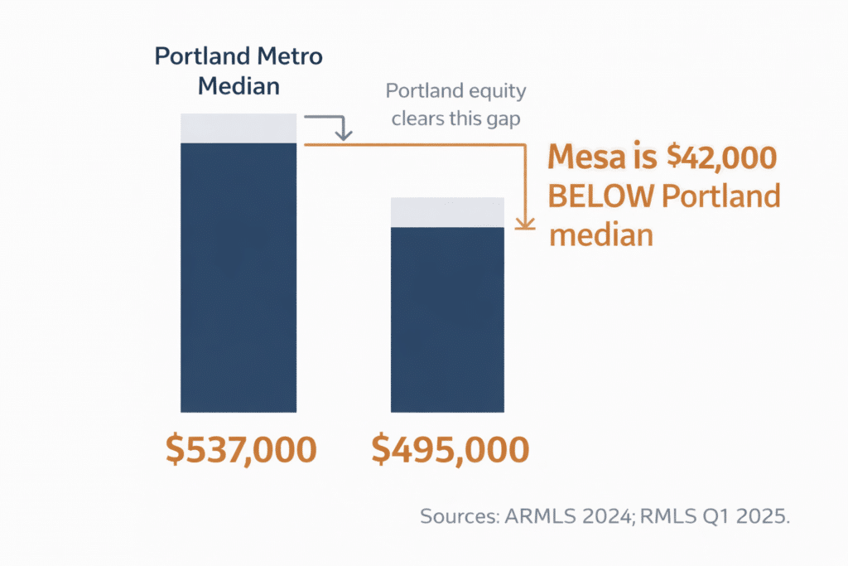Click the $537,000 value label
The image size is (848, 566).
pyautogui.click(x=240, y=450)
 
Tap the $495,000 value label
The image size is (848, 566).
pyautogui.click(x=450, y=450)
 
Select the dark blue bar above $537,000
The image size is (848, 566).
pyautogui.click(x=238, y=278)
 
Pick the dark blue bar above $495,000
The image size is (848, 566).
pyautogui.click(x=448, y=319)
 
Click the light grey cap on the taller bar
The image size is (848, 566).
pyautogui.click(x=238, y=128)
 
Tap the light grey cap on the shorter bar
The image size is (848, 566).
pyautogui.click(x=448, y=212)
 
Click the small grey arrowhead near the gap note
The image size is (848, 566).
pyautogui.click(x=344, y=133)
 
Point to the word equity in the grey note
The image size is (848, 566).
pyautogui.click(x=494, y=91)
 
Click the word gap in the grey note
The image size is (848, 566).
pyautogui.click(x=503, y=119)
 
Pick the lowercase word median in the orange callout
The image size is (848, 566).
pyautogui.click(x=602, y=235)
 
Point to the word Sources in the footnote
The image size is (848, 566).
pyautogui.click(x=456, y=515)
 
